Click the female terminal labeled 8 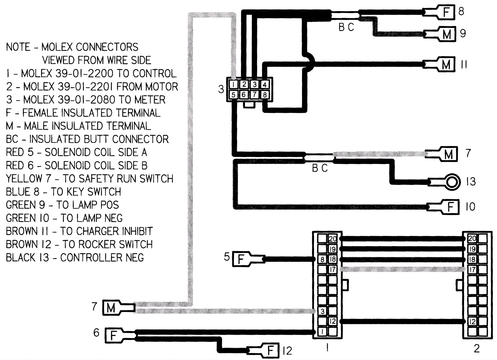click(x=446, y=12)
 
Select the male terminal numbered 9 click(x=446, y=34)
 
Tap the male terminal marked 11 click(x=446, y=65)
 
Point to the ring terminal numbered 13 click(x=452, y=181)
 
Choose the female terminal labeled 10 click(x=450, y=207)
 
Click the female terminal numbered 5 click(x=241, y=259)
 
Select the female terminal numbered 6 click(x=113, y=335)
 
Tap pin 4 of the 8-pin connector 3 click(x=264, y=84)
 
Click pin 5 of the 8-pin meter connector click(x=234, y=95)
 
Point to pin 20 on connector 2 click(x=472, y=239)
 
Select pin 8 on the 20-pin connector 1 click(x=322, y=259)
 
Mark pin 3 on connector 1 click(x=322, y=311)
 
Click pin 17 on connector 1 click(x=332, y=269)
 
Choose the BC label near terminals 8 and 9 click(x=346, y=27)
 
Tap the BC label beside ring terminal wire click(x=320, y=168)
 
